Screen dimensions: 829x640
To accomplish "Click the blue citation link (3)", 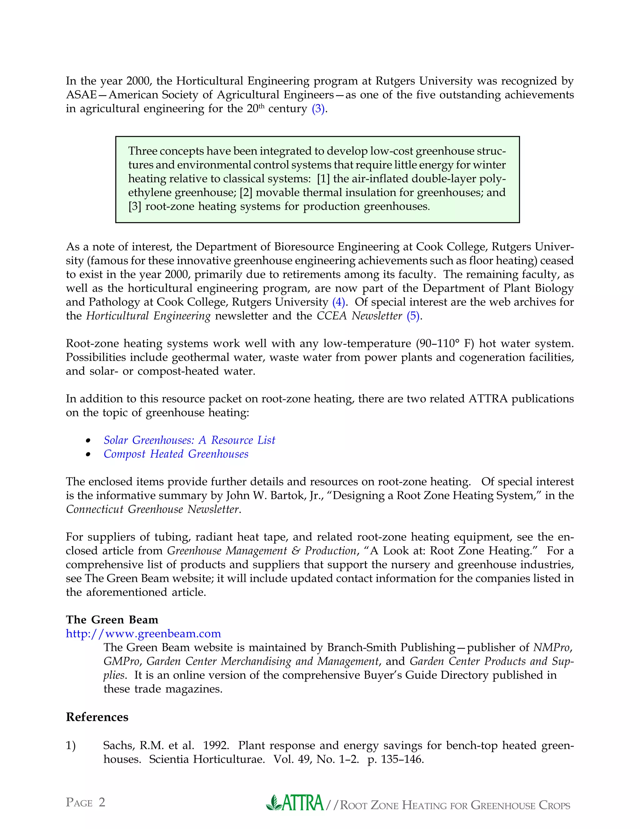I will click(318, 109).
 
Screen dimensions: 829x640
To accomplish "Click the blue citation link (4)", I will click(338, 302).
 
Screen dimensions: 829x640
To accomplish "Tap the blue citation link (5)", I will click(413, 316).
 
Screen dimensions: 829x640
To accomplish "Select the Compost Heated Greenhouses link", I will click(176, 454).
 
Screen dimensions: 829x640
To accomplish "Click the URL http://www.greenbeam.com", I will click(143, 633).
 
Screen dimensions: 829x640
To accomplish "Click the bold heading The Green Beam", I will click(112, 619).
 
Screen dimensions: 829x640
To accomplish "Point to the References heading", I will click(97, 717).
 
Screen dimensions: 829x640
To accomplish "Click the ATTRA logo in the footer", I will click(295, 802).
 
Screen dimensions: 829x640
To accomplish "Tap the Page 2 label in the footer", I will click(85, 802).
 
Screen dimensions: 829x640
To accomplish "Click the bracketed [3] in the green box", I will click(135, 206).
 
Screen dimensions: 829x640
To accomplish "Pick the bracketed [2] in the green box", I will click(246, 193).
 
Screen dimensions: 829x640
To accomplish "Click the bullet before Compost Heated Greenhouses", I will click(88, 454).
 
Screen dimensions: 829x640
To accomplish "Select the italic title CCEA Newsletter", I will click(359, 316).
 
